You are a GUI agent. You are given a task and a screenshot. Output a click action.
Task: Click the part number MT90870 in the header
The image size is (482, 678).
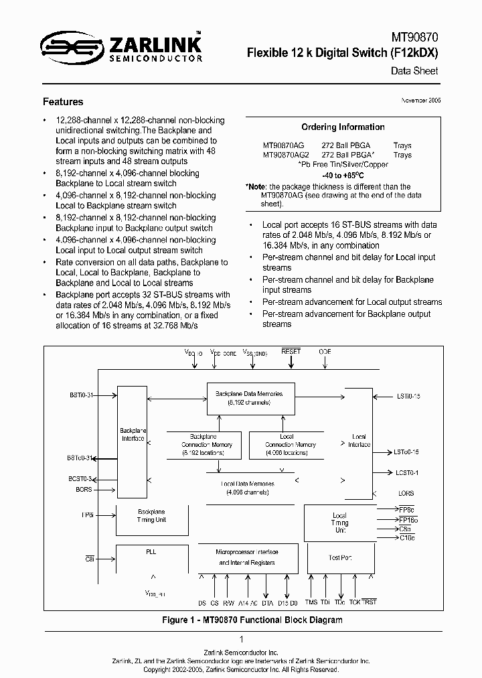click(x=415, y=40)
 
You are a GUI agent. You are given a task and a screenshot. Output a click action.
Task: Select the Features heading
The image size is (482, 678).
click(x=63, y=102)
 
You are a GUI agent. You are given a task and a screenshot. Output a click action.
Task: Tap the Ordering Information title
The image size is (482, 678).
click(x=343, y=127)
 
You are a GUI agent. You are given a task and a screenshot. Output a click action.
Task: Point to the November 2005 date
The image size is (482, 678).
click(x=420, y=100)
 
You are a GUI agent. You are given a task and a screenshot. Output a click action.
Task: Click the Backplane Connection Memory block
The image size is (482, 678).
click(x=204, y=444)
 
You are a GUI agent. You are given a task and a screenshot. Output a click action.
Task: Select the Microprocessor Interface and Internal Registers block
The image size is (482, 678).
click(x=246, y=557)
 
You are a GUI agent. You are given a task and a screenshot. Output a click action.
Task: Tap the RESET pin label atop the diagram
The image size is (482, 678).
click(x=291, y=351)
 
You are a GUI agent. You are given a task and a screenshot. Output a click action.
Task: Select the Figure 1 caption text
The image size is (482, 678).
click(x=252, y=620)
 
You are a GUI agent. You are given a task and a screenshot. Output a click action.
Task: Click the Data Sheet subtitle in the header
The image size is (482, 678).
click(x=414, y=70)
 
